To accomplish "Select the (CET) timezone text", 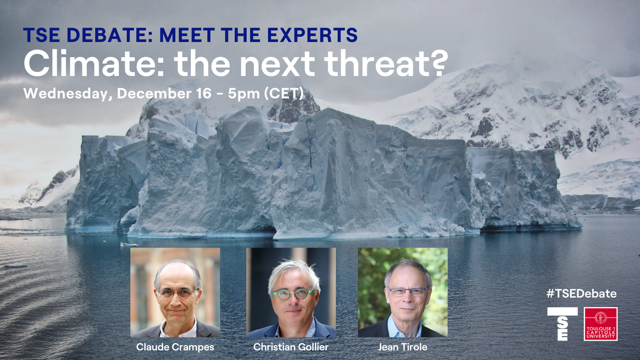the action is click(284, 94).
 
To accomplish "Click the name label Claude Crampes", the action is click(175, 347).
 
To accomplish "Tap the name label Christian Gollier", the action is click(291, 347).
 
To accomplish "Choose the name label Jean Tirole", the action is click(402, 347).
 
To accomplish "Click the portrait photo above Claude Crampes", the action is click(175, 292).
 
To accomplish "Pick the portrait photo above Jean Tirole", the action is click(402, 292).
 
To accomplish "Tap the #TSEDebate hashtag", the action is click(582, 294).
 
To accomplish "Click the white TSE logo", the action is click(562, 324).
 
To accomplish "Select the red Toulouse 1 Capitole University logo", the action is click(600, 324).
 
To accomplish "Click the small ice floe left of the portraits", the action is click(129, 244).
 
